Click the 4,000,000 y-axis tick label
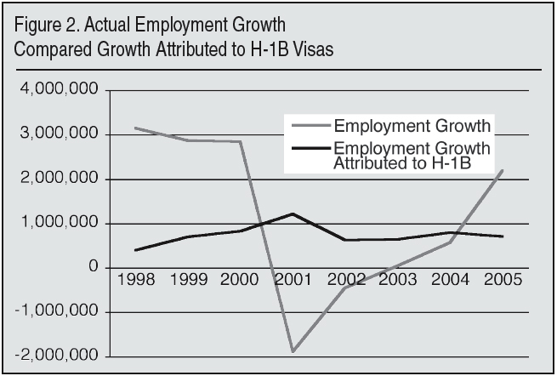67,90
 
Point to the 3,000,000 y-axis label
67,134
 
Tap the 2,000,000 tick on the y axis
67,179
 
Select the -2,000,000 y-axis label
65,356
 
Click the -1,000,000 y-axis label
65,312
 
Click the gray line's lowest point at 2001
293,351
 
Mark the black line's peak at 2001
293,214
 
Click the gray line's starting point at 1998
135,128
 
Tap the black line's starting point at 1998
135,250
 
